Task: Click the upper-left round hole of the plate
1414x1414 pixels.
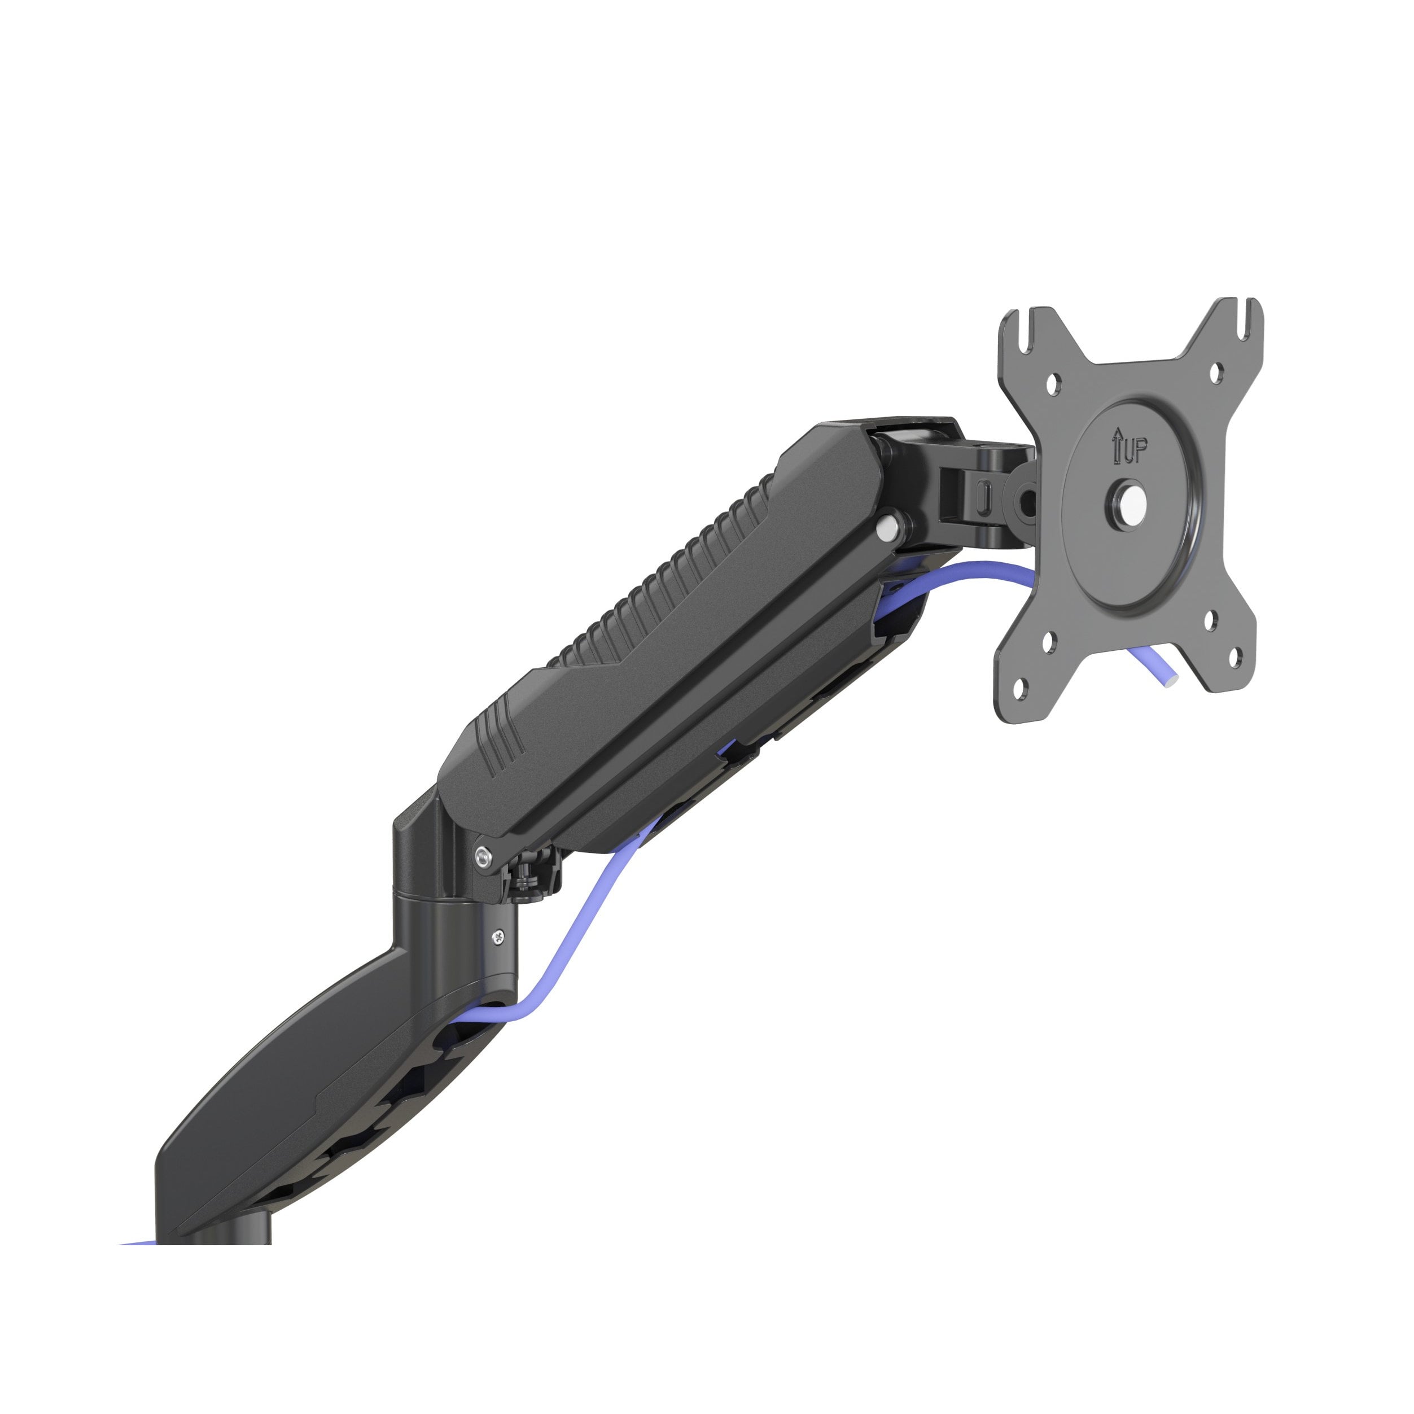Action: click(1053, 382)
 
